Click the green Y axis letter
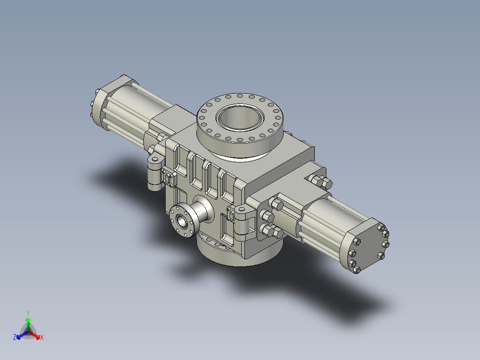(x=28, y=313)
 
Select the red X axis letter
(x=42, y=338)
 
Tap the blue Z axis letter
(x=15, y=338)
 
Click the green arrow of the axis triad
(x=28, y=322)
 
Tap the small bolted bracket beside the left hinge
(x=168, y=178)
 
